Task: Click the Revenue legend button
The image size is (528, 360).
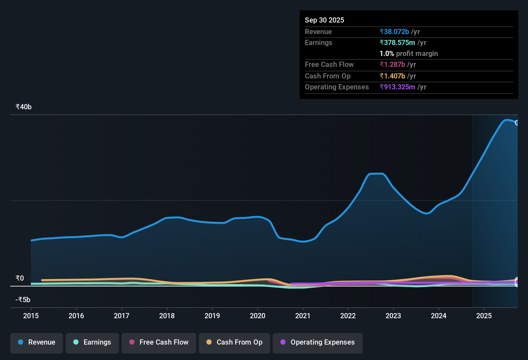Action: coord(37,343)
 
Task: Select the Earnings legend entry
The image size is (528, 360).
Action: coord(92,343)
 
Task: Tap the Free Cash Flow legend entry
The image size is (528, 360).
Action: coord(159,343)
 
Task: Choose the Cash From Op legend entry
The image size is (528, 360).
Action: coord(234,343)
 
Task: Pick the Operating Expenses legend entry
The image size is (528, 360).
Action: coord(318,343)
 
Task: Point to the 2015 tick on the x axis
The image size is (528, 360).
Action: coord(31,316)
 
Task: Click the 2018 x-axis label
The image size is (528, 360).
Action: coord(167,316)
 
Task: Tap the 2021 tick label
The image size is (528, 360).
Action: coord(303,316)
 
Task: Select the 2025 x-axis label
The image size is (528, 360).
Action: coord(484,316)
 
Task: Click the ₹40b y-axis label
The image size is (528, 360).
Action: coord(23,107)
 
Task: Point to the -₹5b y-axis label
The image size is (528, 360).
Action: coord(23,300)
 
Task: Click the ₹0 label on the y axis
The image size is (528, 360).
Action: coord(20,278)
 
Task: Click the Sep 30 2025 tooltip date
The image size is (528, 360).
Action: coord(324,20)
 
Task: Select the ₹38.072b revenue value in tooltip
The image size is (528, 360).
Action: coord(394,32)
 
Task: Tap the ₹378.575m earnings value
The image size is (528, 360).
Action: coord(397,43)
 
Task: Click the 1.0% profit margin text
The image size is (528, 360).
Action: coord(409,54)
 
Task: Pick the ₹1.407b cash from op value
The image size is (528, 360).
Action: coord(392,76)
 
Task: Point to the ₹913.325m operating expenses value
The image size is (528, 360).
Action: coord(397,87)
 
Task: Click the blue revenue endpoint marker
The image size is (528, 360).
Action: coord(517,123)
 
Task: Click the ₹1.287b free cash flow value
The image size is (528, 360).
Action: coord(392,65)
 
